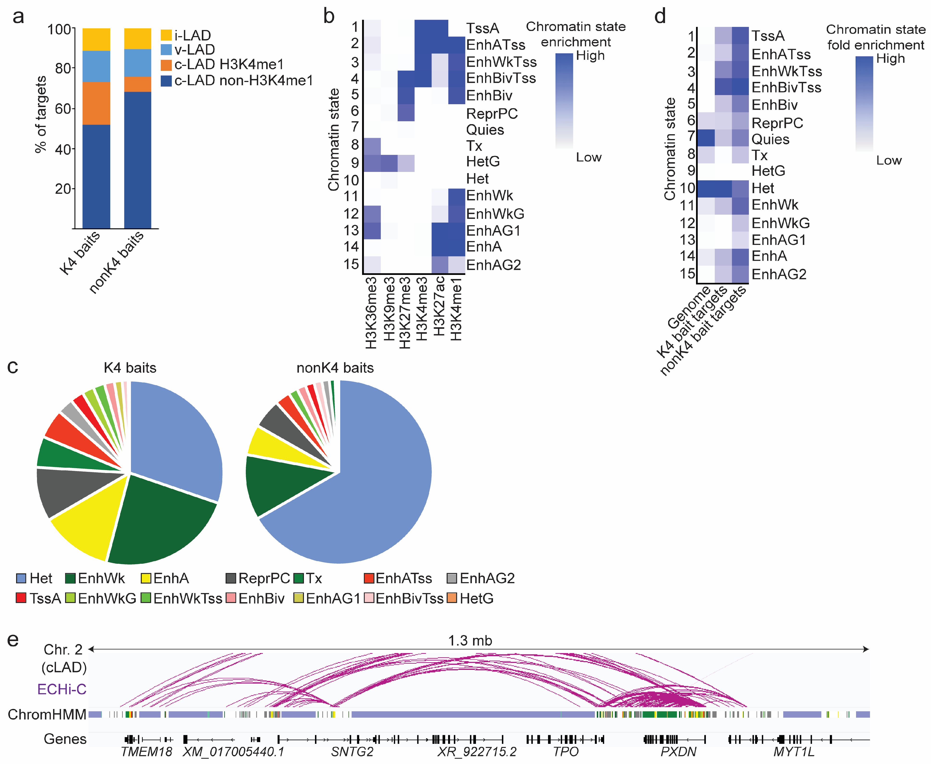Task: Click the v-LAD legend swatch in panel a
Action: tap(166, 49)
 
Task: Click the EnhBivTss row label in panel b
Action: tap(501, 78)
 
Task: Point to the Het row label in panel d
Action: tap(762, 188)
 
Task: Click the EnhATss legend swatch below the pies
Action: tap(369, 578)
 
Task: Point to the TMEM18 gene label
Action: tap(146, 752)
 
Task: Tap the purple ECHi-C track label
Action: tap(62, 689)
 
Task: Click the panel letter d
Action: tap(660, 17)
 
